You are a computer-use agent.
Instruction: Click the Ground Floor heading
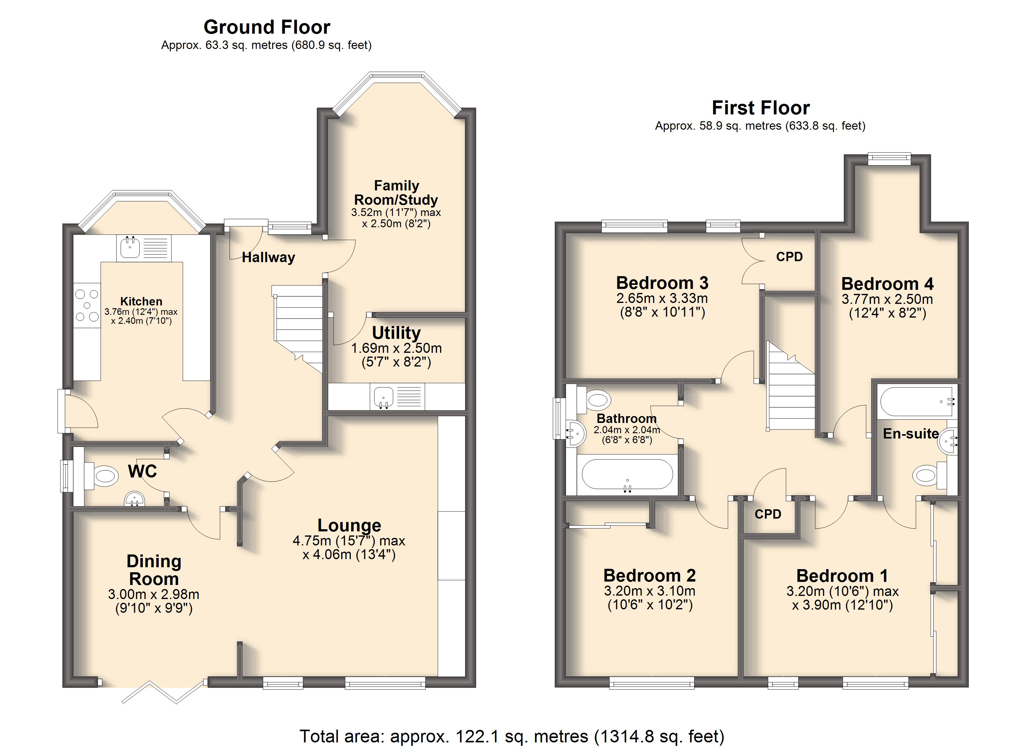point(267,27)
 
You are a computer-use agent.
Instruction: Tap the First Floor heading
point(761,108)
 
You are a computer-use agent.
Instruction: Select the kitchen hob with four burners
point(87,305)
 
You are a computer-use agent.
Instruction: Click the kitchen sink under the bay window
point(143,248)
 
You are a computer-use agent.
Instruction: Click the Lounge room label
point(349,525)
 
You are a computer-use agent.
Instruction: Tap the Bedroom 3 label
point(662,283)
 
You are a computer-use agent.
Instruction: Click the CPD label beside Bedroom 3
point(790,257)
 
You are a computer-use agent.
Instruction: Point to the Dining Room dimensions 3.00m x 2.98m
point(154,601)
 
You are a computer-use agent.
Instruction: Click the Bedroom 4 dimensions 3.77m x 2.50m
point(887,306)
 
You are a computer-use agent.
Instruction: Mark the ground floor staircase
point(297,329)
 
